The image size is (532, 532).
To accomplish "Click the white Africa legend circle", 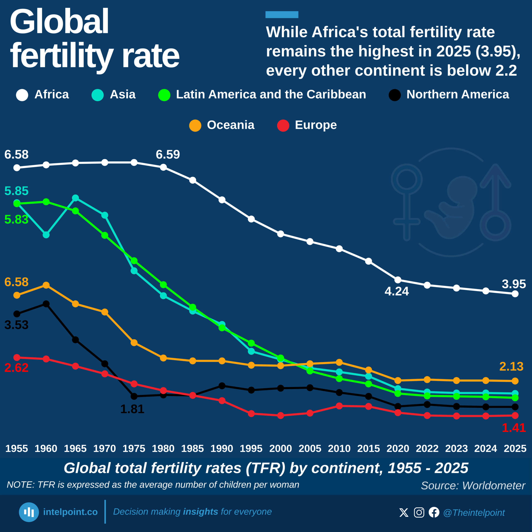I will tap(22, 95).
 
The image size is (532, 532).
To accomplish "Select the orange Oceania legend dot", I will tap(195, 126).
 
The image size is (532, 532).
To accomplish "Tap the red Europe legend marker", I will tap(283, 126).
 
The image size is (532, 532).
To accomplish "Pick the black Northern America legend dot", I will tap(395, 95).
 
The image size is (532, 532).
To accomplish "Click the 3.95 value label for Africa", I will tap(514, 284).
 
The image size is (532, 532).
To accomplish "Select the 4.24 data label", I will tap(397, 291).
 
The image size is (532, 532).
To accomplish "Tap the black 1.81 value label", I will tap(132, 409).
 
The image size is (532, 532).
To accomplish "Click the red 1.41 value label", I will tap(514, 428).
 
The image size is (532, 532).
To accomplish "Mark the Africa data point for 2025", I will tap(515, 294).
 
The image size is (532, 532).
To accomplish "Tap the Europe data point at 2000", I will tap(281, 415).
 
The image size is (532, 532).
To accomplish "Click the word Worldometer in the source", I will tap(493, 485).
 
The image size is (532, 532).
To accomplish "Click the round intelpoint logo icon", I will tap(29, 512).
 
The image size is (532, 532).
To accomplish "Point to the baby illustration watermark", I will tap(452, 207).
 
